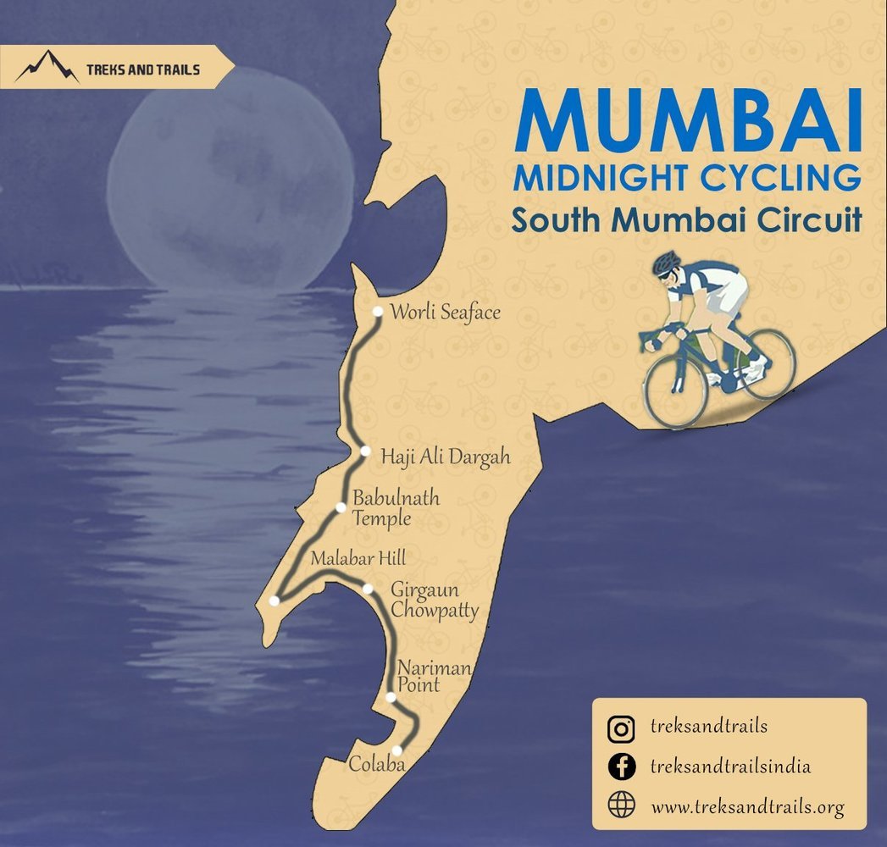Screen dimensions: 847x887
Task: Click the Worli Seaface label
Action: [x=445, y=313]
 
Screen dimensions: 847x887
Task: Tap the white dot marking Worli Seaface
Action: [x=378, y=312]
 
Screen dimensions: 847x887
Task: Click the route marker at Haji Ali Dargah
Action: [x=365, y=451]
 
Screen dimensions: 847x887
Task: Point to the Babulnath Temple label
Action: [x=396, y=507]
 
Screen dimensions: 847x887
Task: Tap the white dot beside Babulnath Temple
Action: [x=341, y=508]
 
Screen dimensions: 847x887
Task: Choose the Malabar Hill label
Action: [x=358, y=558]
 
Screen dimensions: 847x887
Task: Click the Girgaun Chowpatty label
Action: [x=435, y=600]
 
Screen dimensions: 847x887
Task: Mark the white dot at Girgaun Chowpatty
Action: [x=368, y=589]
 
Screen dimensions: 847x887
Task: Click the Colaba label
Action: [x=376, y=765]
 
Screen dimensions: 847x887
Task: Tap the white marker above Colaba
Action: [x=396, y=750]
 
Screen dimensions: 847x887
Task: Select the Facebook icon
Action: [x=622, y=767]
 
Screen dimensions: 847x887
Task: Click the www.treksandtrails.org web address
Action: [x=748, y=807]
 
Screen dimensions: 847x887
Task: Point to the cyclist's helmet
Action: [x=666, y=262]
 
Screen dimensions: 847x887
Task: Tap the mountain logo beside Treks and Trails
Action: [x=47, y=67]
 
